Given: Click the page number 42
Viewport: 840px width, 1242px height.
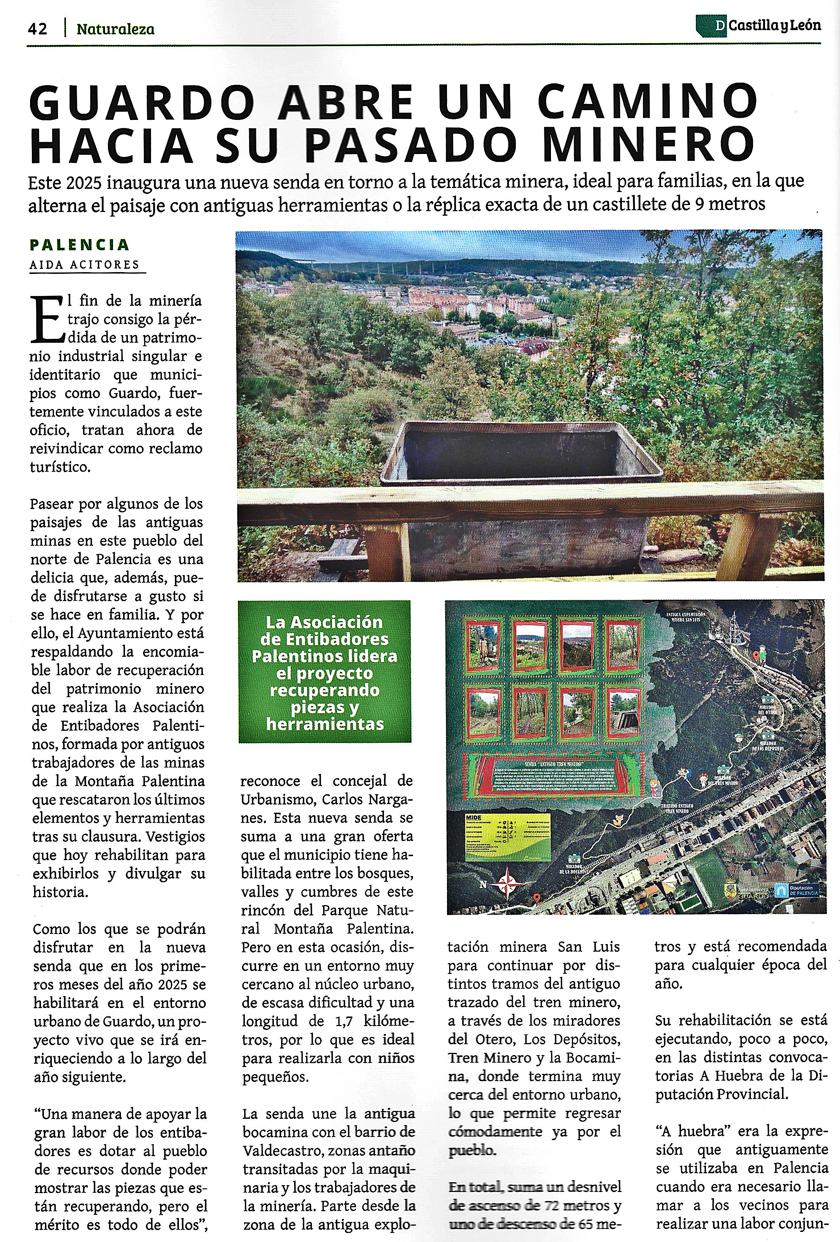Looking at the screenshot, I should coord(37,29).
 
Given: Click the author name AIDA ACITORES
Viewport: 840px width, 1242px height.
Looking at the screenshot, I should coord(84,264).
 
